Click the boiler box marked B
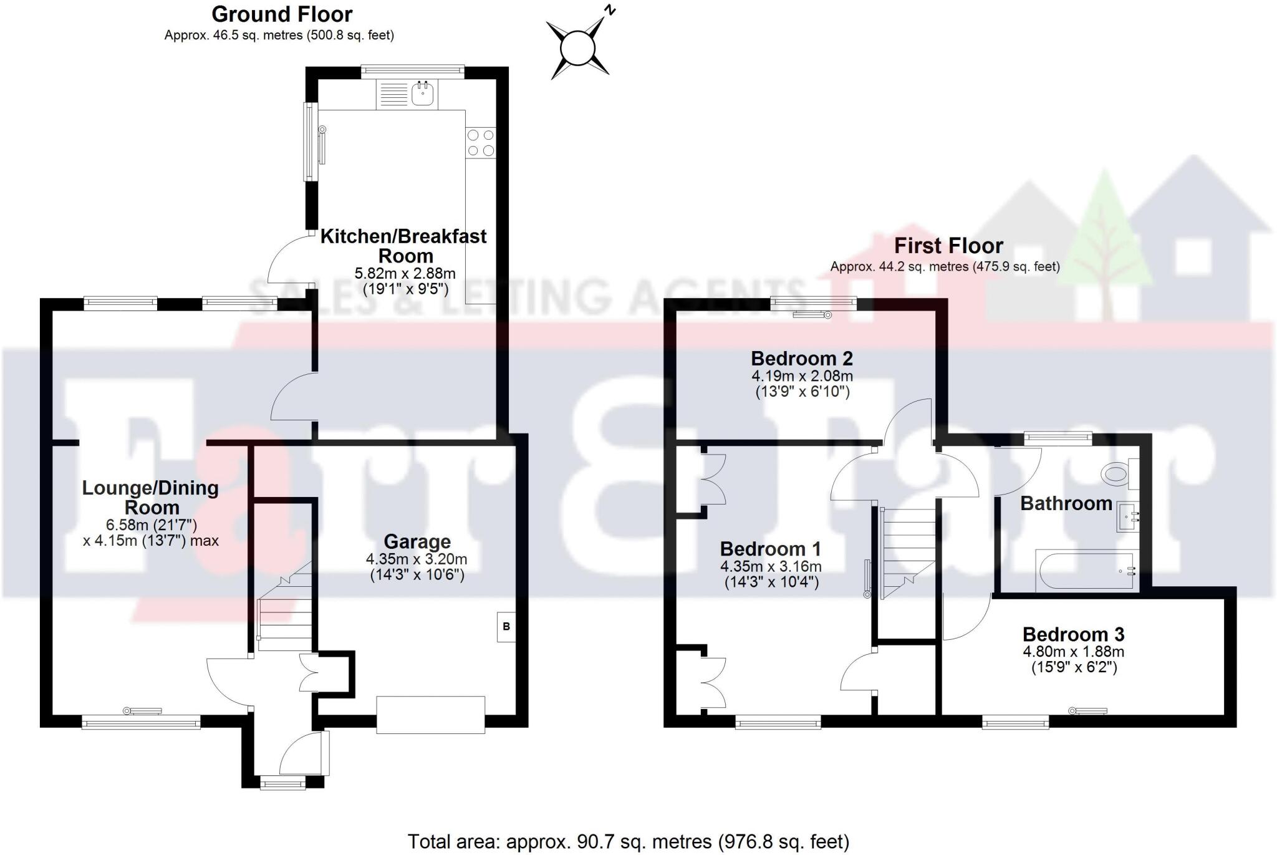[506, 626]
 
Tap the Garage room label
[417, 541]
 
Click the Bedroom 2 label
[801, 359]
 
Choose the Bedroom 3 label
[1073, 634]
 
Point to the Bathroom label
[1066, 503]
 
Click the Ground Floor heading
[282, 14]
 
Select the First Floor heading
[948, 246]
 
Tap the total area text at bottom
[628, 842]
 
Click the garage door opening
[431, 715]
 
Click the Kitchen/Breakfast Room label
[404, 246]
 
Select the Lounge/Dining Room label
[150, 497]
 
